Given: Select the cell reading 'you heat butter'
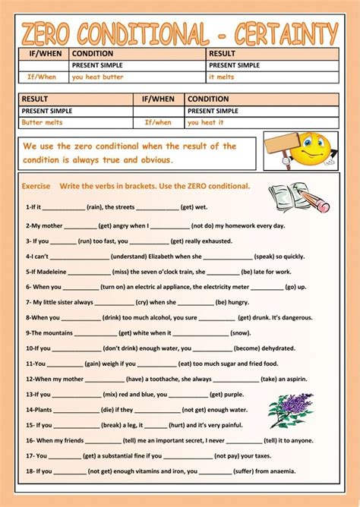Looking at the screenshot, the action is tap(96, 77).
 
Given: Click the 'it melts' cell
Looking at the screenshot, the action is tap(222, 77).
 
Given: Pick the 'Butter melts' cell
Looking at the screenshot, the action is tap(43, 122).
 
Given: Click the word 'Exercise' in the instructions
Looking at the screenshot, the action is tap(36, 186).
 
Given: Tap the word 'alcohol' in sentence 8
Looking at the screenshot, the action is tap(157, 317).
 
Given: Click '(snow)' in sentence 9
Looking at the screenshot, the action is tap(240, 333).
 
